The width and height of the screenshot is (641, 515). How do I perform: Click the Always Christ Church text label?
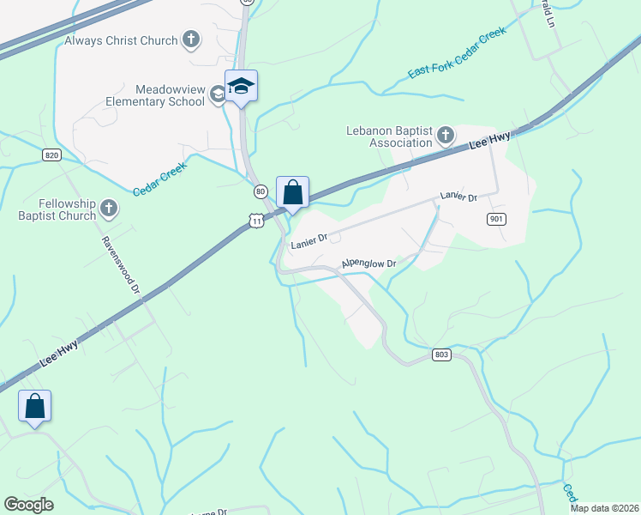click(x=121, y=40)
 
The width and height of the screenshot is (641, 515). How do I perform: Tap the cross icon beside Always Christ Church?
click(x=191, y=39)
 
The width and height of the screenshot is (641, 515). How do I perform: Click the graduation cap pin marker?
click(x=242, y=87)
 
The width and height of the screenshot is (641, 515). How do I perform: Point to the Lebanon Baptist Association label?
click(x=388, y=136)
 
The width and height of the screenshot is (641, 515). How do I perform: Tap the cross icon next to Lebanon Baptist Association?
click(x=446, y=136)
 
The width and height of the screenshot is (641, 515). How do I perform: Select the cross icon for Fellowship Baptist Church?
click(x=109, y=209)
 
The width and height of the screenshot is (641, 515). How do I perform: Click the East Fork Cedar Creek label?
click(x=458, y=54)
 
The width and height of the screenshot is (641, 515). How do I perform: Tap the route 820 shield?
click(x=52, y=154)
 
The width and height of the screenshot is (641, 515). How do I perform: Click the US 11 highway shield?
click(x=256, y=221)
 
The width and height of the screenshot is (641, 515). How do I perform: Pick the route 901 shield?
click(x=496, y=220)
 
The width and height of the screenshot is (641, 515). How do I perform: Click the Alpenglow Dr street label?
click(x=368, y=264)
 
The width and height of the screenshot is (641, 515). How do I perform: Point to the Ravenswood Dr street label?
click(x=122, y=266)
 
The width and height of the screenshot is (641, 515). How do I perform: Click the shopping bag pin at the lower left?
click(x=35, y=407)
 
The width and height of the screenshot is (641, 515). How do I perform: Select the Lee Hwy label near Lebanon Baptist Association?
click(x=491, y=141)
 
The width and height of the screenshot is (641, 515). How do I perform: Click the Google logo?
click(x=28, y=505)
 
